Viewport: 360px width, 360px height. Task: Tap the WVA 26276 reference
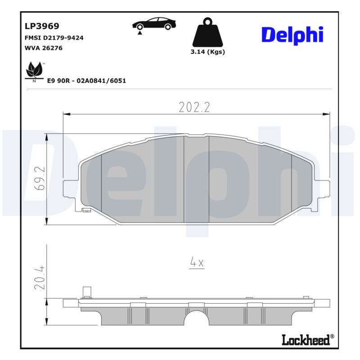pos(43,48)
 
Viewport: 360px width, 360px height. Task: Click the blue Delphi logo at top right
pos(292,35)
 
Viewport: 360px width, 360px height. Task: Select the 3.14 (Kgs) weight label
pos(207,52)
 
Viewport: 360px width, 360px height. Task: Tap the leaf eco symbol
pos(34,71)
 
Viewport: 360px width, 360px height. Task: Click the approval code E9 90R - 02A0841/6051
pos(86,81)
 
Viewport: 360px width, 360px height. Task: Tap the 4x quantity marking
pos(197,263)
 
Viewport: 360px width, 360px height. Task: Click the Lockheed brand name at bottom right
pos(306,340)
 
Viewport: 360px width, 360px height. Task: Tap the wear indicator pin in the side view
pos(86,292)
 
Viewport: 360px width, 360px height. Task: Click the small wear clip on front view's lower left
pos(86,210)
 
